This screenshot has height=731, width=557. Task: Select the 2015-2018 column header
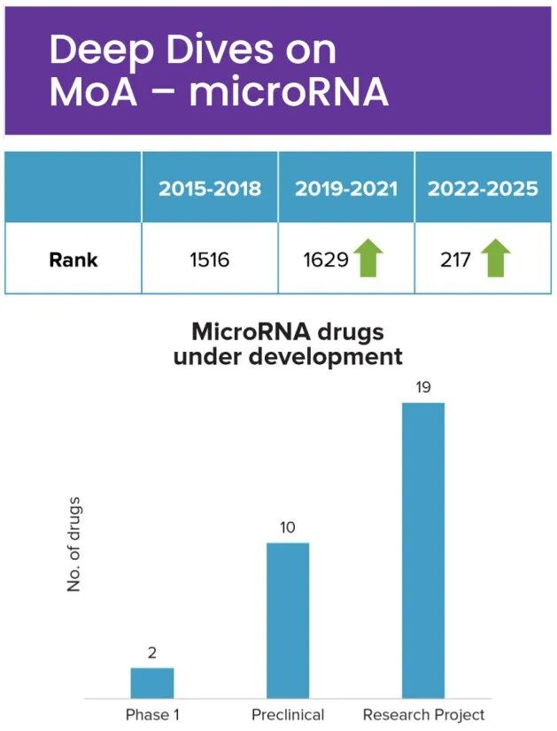point(210,189)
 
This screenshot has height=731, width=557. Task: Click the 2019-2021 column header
point(346,189)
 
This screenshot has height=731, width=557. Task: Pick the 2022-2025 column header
point(483,189)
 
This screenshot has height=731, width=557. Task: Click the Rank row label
point(73,260)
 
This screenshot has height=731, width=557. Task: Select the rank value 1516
point(210,260)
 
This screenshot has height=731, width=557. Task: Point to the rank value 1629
point(323,260)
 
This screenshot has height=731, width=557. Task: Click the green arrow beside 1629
point(367,258)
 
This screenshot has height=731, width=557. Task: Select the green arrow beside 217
point(496,258)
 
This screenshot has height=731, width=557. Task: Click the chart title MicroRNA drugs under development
point(288,345)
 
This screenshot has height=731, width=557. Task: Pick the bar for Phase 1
point(152,682)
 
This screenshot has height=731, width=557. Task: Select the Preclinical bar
point(288,620)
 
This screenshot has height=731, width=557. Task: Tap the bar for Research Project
point(423,549)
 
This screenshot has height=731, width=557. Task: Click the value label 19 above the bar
point(423,389)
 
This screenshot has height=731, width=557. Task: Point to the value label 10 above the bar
point(288,528)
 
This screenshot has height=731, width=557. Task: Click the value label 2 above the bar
point(152,654)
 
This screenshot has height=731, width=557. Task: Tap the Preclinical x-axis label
point(288,714)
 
